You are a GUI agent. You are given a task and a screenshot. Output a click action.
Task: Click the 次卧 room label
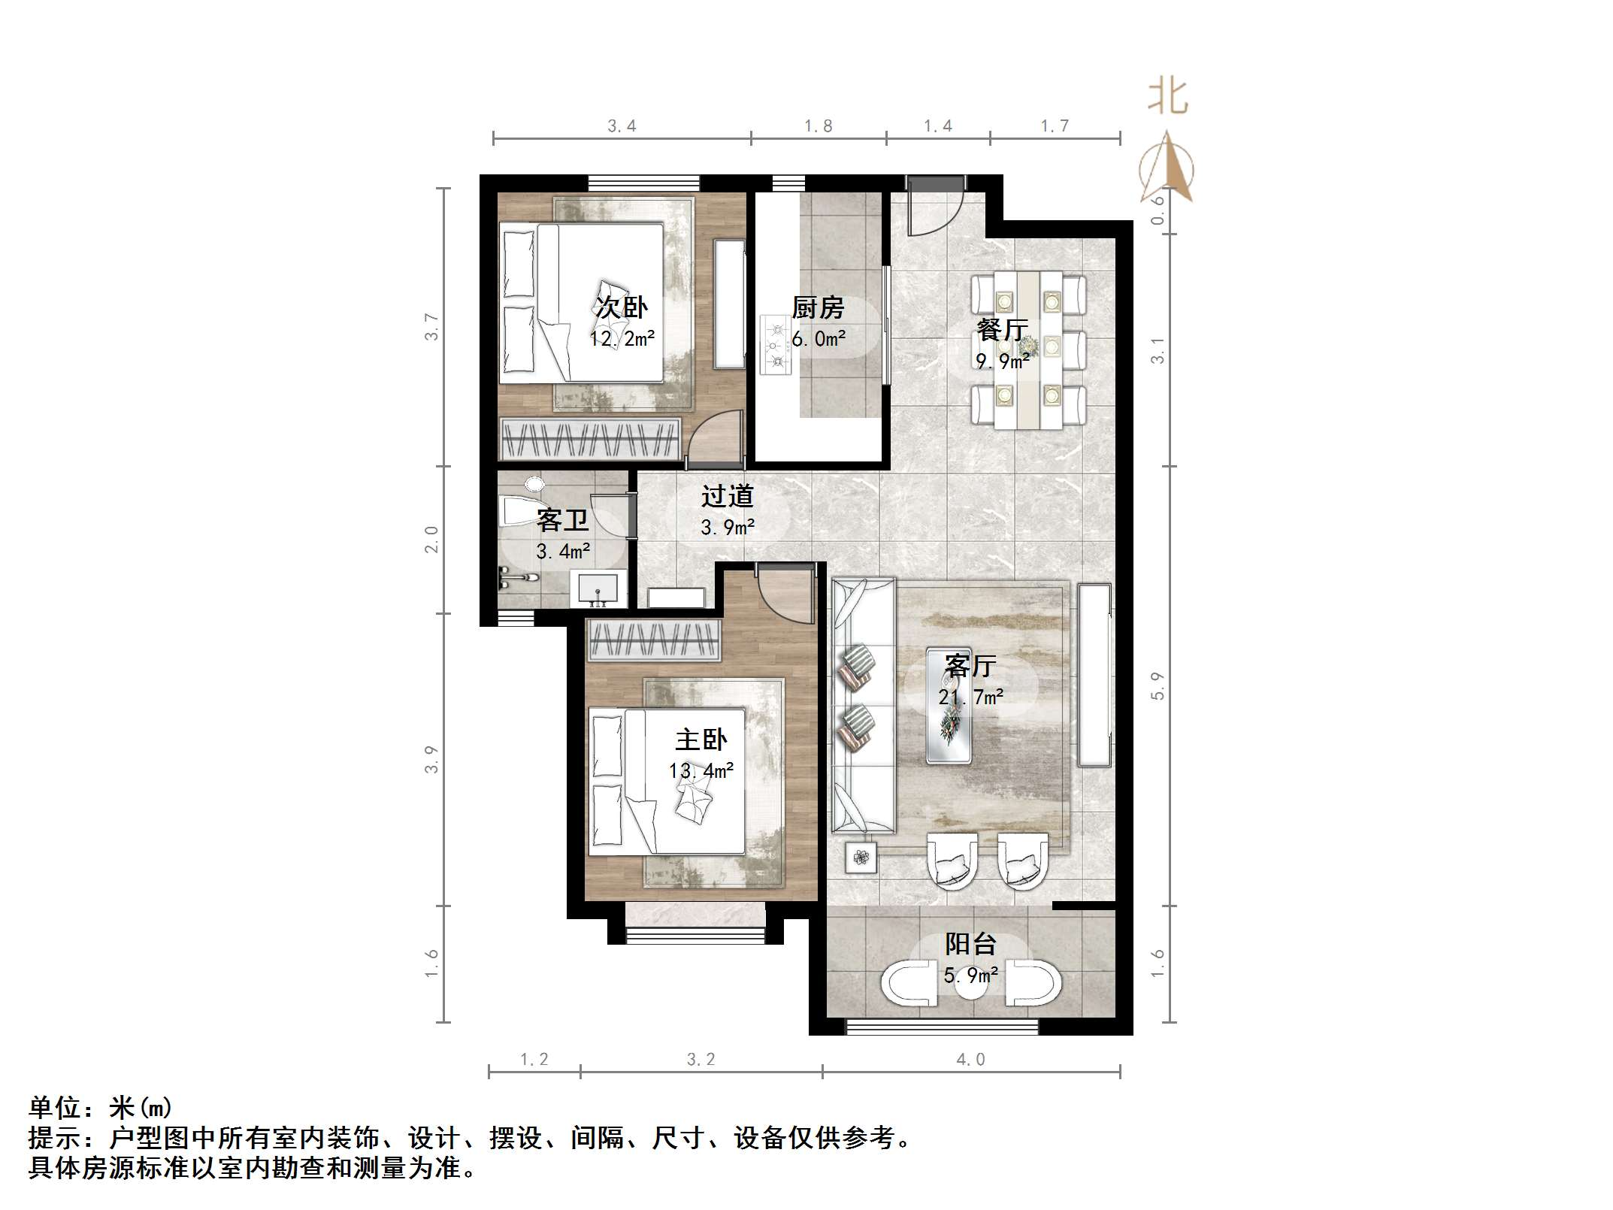(621, 307)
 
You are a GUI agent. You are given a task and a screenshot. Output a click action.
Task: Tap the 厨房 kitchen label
(818, 307)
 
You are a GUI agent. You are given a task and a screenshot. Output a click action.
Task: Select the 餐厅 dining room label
(1002, 329)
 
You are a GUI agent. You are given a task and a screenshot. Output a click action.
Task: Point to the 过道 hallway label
(727, 496)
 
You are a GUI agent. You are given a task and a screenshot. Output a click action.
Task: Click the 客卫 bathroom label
(562, 520)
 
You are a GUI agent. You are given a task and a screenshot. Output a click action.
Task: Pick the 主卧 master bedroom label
(701, 740)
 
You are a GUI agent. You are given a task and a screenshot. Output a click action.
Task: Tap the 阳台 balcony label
(970, 943)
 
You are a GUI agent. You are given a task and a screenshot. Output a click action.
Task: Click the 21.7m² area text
(970, 697)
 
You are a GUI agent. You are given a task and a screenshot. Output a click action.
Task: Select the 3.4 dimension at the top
(622, 126)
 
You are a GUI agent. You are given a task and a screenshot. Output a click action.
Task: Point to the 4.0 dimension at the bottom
(970, 1060)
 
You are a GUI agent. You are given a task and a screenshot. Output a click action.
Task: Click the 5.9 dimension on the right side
(1158, 685)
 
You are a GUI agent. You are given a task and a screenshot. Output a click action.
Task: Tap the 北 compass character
(1167, 98)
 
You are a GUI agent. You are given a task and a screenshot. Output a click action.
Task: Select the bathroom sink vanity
(598, 588)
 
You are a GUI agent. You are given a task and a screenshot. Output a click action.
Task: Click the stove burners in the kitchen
(775, 345)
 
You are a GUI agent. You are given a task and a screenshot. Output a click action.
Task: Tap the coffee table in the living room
(949, 705)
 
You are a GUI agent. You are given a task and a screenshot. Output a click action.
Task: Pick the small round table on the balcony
(971, 986)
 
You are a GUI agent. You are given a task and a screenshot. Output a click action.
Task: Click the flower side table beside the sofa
(861, 857)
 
